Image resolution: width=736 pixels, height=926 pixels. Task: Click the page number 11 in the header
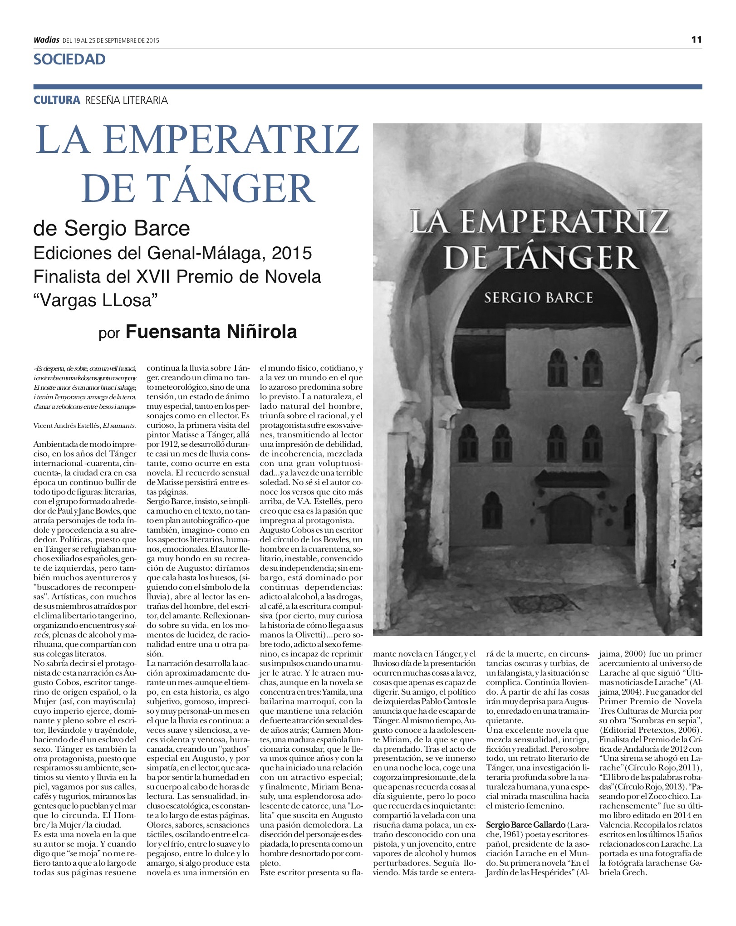point(697,39)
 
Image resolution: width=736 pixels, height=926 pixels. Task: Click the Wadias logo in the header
point(46,40)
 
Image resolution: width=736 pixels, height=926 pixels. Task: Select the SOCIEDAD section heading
point(69,59)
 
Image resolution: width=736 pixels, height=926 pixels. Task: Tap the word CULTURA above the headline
point(57,100)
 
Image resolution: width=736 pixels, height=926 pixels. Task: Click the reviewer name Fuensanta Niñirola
point(211,332)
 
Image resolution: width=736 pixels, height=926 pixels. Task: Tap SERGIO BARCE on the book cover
point(539,298)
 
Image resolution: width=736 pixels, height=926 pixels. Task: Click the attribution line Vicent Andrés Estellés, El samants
point(84,426)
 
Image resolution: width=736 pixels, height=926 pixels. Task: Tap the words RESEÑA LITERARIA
point(126,100)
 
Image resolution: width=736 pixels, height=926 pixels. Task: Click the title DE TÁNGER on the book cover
point(540,258)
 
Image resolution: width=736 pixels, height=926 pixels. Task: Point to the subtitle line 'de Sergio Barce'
point(112,228)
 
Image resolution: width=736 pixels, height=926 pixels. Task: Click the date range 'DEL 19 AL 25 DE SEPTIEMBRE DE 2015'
point(111,40)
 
